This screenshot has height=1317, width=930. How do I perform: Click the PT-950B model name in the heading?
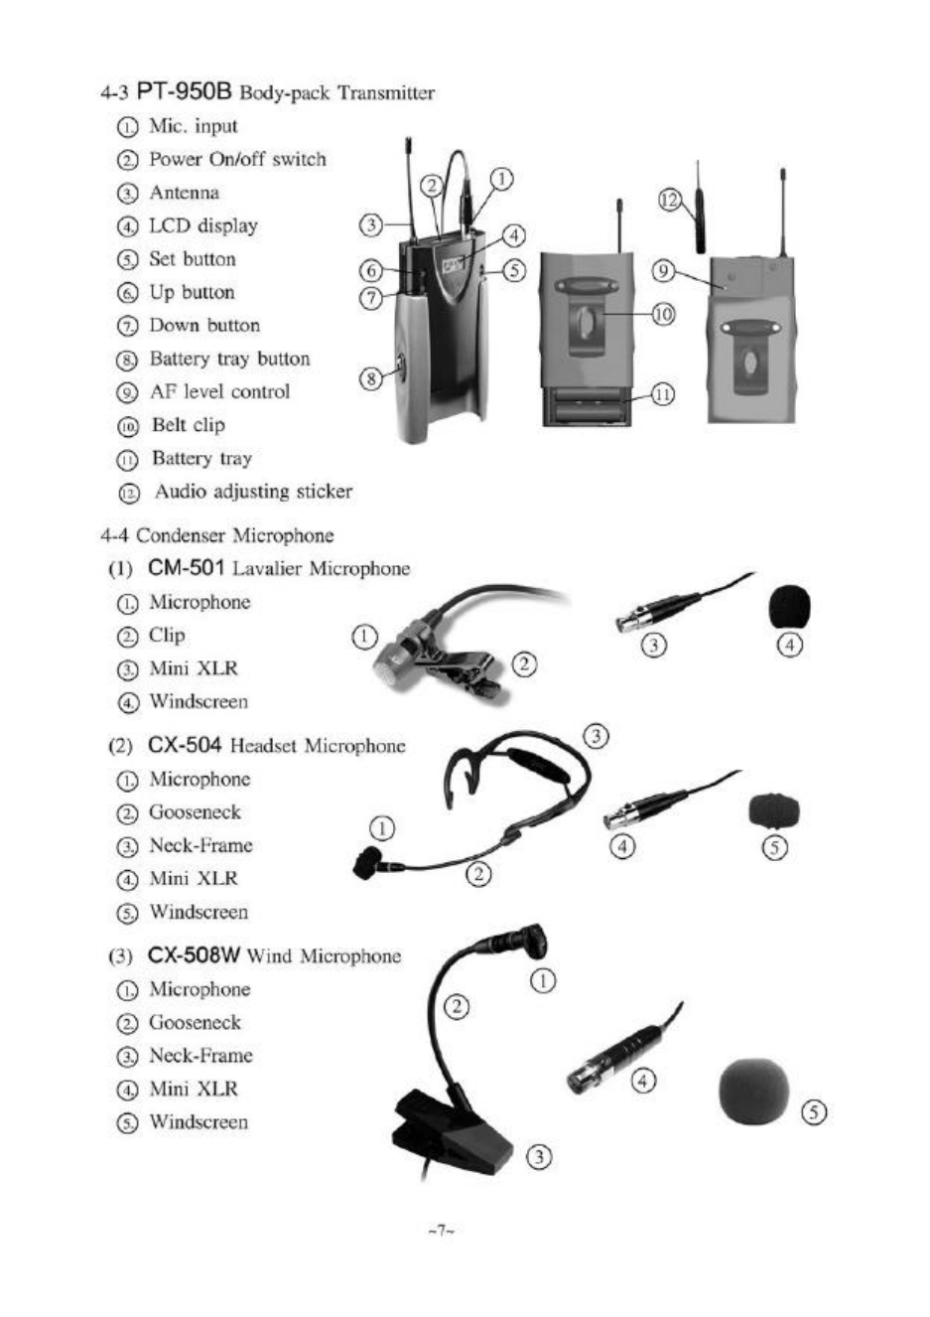click(x=184, y=92)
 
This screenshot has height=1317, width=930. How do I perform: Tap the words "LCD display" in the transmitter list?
click(x=202, y=225)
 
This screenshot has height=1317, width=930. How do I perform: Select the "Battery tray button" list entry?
click(x=229, y=359)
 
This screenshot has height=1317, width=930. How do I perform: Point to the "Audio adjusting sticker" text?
click(x=252, y=492)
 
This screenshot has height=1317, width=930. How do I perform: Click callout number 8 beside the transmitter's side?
click(x=370, y=378)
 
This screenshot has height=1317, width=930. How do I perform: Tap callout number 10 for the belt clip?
click(x=663, y=314)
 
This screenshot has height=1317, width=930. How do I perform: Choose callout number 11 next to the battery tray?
click(x=663, y=394)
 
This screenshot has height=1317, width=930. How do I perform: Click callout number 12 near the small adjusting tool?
click(x=670, y=201)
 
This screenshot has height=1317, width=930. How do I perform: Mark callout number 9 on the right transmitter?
click(x=664, y=271)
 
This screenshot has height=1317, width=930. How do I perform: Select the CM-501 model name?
click(x=187, y=568)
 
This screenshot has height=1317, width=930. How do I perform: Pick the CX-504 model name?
click(x=186, y=745)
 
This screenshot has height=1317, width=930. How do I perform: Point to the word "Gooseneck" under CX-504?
click(x=195, y=812)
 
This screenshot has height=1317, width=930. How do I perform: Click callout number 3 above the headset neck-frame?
click(x=596, y=736)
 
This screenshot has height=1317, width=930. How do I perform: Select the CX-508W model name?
click(x=194, y=955)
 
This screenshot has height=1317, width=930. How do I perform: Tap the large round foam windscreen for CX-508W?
click(x=754, y=1091)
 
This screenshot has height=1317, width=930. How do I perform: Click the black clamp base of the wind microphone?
click(x=452, y=1132)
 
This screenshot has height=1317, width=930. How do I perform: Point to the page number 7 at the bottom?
click(x=441, y=1232)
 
